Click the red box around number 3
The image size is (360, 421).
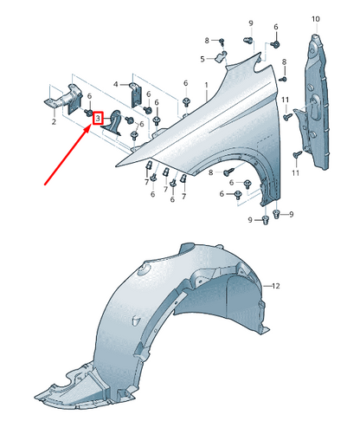98,118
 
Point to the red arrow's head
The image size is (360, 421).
90,127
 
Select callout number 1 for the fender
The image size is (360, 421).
207,85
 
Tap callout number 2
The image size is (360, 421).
54,121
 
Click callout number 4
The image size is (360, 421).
116,84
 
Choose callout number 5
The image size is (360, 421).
202,59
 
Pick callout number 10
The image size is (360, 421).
316,19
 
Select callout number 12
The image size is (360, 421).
276,286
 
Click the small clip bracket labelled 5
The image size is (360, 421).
222,55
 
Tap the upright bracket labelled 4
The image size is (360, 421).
136,94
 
